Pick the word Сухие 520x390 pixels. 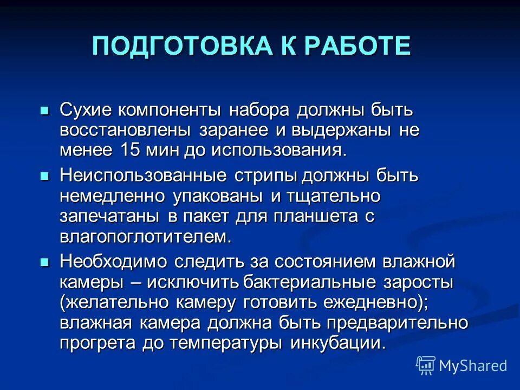[85, 110]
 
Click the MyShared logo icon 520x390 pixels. [426, 365]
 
